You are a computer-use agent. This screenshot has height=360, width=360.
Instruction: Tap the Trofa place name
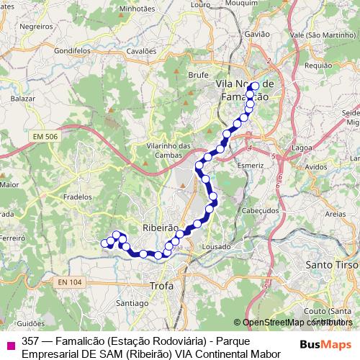161,286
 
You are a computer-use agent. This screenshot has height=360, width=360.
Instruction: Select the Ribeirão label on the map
161,227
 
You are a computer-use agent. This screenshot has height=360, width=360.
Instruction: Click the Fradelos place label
78,196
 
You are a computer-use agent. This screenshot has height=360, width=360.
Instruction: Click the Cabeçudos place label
259,210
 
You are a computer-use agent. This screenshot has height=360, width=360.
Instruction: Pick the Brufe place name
198,73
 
